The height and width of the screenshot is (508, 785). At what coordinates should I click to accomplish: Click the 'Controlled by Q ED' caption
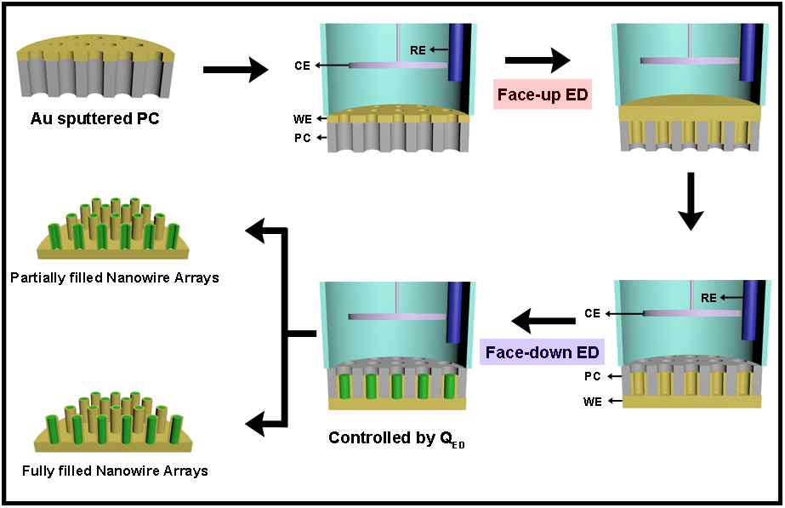click(396, 439)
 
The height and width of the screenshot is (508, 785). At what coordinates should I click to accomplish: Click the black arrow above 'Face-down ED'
click(544, 322)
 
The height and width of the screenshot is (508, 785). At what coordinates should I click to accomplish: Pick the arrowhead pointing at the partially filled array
click(257, 227)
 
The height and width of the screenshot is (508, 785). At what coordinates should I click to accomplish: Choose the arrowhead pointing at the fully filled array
click(257, 420)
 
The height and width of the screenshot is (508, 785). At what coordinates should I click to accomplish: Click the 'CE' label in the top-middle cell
click(301, 65)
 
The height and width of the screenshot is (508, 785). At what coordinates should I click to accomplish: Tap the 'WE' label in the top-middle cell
click(302, 118)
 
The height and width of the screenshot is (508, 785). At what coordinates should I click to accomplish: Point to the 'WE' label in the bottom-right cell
click(592, 400)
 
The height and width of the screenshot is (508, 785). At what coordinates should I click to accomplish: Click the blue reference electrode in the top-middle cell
click(459, 51)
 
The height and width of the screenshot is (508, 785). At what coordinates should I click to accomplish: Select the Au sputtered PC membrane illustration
click(84, 60)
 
